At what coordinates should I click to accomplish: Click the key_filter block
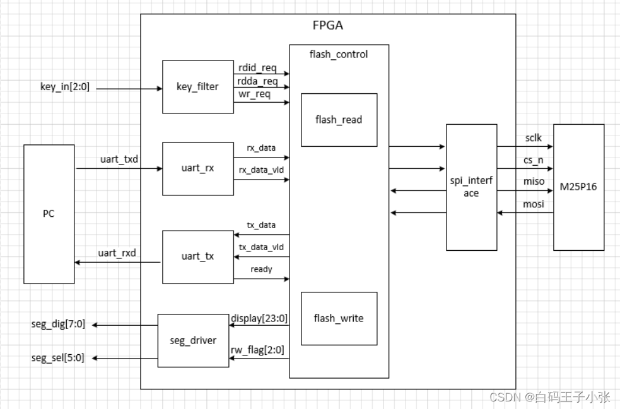197,86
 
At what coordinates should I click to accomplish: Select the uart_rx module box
197,168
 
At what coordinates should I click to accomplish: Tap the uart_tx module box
197,256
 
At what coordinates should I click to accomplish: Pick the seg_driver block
193,340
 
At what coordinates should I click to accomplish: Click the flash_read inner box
339,120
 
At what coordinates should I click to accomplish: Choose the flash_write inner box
339,318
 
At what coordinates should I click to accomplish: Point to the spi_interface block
471,187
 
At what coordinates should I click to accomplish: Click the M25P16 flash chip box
578,187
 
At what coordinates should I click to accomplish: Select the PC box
49,214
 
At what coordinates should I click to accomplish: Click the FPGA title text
328,26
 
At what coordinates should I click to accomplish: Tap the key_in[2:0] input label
64,87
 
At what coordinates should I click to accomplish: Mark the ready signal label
261,269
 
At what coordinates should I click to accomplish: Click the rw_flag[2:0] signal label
259,350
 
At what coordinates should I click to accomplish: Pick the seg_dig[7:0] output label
57,325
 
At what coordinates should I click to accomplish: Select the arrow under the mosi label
525,213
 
